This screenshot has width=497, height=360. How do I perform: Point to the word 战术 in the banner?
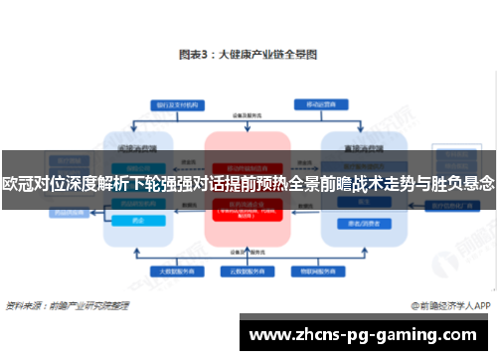pyautogui.click(x=365, y=184)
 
